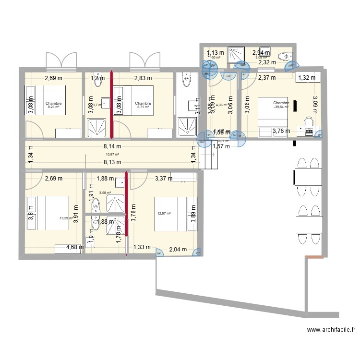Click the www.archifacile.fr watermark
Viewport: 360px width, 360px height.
tap(332, 330)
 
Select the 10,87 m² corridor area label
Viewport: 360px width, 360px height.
tap(112, 154)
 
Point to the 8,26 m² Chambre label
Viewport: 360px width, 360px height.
tap(54, 105)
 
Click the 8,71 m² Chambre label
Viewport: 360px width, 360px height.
tap(143, 105)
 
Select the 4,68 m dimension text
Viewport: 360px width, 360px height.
tap(75, 248)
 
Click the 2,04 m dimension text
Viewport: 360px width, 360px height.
tap(178, 250)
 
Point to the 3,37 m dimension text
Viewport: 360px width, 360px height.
tap(163, 179)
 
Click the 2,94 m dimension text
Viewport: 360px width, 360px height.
tap(262, 53)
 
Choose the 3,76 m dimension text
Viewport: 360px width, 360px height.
tap(281, 131)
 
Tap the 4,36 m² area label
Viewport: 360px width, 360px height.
tap(222, 105)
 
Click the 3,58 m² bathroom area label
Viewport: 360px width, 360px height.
tap(105, 193)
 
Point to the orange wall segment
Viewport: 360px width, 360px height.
tap(315, 258)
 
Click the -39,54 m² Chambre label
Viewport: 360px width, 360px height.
tap(281, 105)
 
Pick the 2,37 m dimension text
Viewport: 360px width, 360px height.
tap(266, 78)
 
